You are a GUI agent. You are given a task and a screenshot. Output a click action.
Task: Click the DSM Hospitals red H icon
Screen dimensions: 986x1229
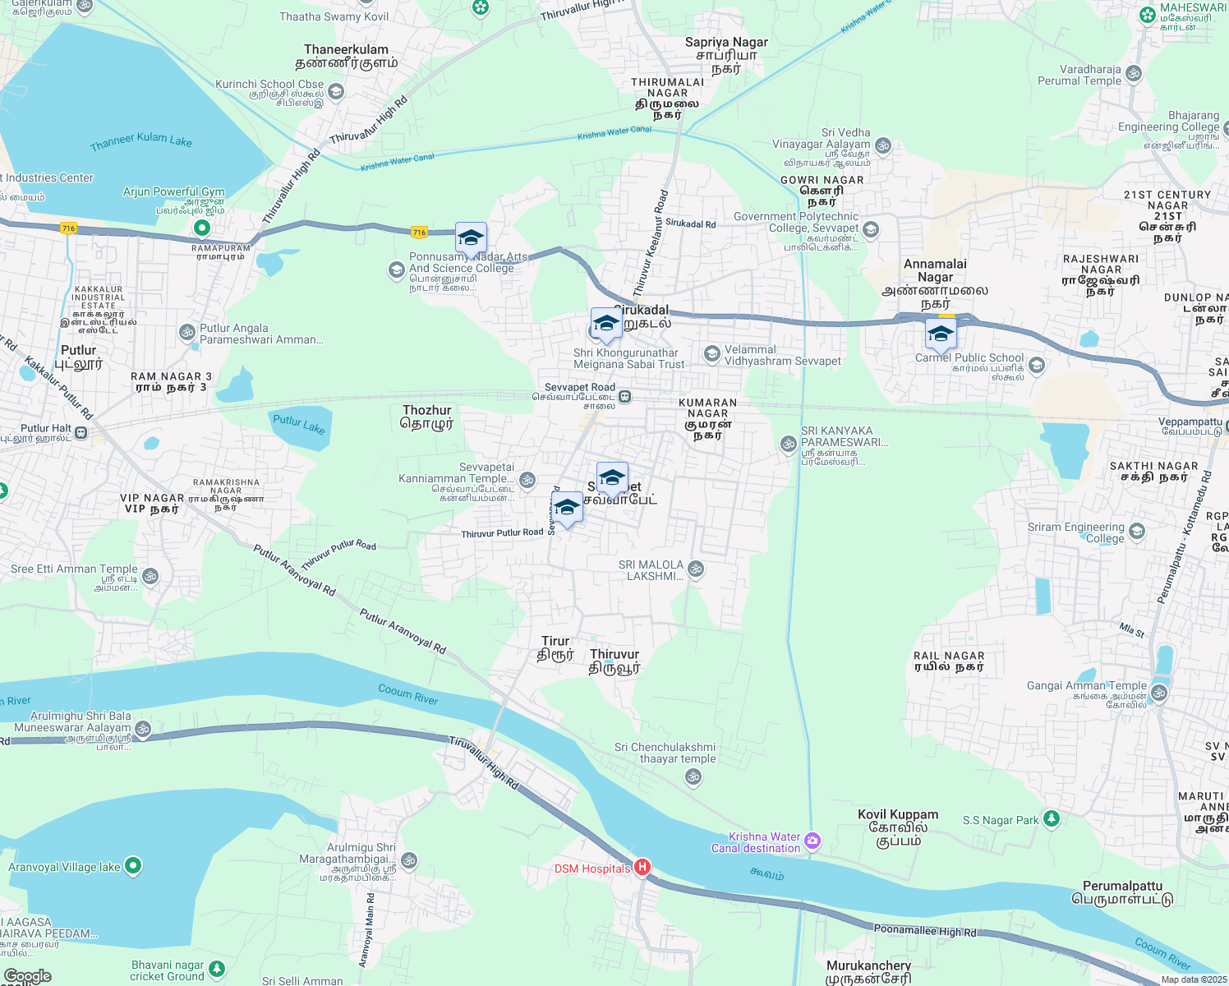coord(642,867)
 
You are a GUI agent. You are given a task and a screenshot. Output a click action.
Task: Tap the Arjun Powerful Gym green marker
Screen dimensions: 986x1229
coord(201,227)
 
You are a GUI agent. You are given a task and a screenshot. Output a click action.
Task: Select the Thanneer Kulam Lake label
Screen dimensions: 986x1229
coord(141,142)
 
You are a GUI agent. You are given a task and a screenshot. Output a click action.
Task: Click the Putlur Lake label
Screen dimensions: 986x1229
coord(299,424)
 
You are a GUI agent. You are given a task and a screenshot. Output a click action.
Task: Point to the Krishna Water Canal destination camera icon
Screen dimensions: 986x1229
coord(812,840)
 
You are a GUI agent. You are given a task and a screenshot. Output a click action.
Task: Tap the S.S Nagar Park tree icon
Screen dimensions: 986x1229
coord(1051,818)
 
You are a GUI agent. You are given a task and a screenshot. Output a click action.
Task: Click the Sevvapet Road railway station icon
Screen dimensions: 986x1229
coord(625,397)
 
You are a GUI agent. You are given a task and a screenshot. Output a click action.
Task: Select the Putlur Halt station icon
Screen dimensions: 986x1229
coord(81,432)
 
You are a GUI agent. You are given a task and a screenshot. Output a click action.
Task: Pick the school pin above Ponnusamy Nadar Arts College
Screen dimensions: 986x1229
coord(471,238)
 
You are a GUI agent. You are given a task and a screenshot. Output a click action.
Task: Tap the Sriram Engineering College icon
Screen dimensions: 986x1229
coord(1137,531)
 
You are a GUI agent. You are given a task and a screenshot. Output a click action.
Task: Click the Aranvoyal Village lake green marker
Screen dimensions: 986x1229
coord(133,865)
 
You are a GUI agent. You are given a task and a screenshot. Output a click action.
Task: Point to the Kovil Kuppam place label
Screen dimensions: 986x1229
coord(898,827)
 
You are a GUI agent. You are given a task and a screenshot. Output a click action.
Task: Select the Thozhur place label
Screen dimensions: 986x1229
coord(426,417)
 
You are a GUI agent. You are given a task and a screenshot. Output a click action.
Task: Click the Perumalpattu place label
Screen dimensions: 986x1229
coord(1122,892)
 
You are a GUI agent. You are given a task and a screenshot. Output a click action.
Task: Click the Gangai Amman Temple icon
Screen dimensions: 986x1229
coord(1159,692)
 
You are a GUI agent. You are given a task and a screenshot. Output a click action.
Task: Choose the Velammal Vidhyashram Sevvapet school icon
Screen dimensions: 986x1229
coord(712,354)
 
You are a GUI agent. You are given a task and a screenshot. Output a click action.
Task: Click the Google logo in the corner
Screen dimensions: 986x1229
coord(27,976)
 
